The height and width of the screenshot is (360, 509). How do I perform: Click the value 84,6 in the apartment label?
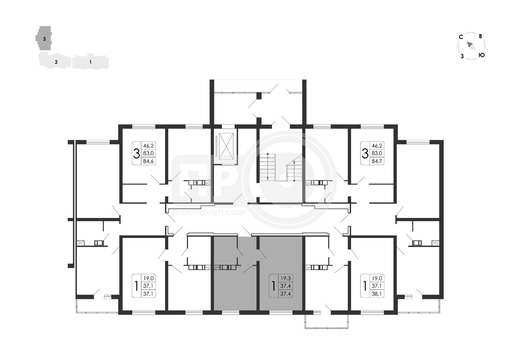click(x=149, y=161)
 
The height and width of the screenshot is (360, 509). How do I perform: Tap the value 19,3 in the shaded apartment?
click(x=286, y=278)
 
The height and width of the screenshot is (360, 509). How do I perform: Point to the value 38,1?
click(x=377, y=294)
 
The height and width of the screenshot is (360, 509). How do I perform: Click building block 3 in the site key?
click(x=44, y=38)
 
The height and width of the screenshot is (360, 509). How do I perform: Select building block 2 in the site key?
click(x=55, y=61)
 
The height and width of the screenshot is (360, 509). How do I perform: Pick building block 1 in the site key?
click(x=90, y=62)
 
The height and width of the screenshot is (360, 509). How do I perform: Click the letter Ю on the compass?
click(x=482, y=55)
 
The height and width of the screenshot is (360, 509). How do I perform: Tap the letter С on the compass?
click(x=460, y=37)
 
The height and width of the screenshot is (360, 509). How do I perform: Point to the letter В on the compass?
click(x=480, y=36)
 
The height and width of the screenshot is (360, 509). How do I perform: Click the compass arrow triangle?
click(x=471, y=46)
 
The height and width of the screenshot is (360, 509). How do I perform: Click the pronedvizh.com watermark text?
click(x=209, y=212)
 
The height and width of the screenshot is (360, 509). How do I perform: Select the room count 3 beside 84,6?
click(x=137, y=153)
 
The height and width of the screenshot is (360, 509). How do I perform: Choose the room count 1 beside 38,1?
click(x=365, y=286)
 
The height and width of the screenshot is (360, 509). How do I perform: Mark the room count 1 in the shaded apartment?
click(x=273, y=286)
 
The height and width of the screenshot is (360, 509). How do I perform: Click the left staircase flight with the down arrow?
click(x=268, y=167)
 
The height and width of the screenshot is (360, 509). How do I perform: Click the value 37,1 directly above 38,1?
click(x=377, y=286)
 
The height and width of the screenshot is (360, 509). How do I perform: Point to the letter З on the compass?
click(x=462, y=57)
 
